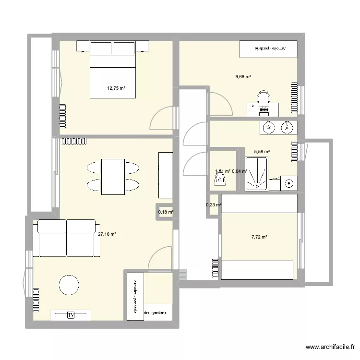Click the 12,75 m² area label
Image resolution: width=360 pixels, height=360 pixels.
(x=116, y=88)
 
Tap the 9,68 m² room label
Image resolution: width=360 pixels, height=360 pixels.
(x=243, y=76)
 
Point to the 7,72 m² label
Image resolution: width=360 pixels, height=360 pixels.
(x=259, y=237)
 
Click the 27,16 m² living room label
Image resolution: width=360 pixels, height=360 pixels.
(x=107, y=235)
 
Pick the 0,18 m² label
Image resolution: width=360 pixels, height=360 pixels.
(x=166, y=212)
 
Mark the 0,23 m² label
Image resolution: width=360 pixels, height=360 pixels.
(x=213, y=205)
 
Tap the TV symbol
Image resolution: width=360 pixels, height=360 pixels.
(x=71, y=315)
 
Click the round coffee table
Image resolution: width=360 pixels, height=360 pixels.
(x=68, y=286)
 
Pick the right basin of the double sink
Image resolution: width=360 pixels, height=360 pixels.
(x=287, y=127)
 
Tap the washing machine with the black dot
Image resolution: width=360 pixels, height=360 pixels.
(x=288, y=183)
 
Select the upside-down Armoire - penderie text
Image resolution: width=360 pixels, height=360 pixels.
(x=269, y=48)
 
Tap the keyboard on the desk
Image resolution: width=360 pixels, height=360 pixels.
(x=264, y=110)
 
